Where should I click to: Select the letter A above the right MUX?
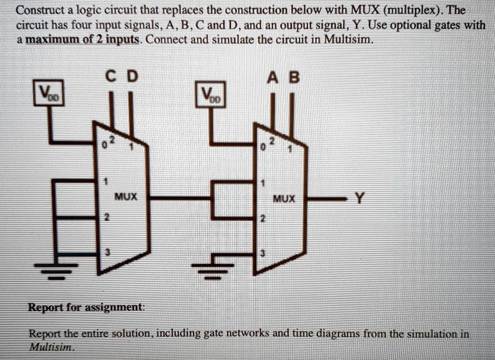coord(272,77)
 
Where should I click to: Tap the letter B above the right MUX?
coord(293,77)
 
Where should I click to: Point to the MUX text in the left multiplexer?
coord(126,197)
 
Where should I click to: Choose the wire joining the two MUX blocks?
coord(179,198)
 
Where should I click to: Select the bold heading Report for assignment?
coord(86,307)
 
